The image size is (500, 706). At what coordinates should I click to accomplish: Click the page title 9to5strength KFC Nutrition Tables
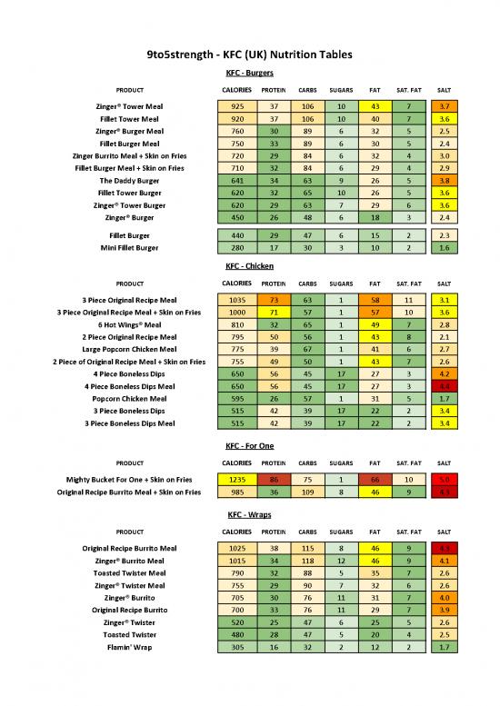[249, 55]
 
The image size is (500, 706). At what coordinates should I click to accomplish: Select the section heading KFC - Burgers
[249, 73]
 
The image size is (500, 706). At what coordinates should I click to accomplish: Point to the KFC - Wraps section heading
[249, 514]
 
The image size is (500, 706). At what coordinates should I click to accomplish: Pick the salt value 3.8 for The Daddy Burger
[445, 181]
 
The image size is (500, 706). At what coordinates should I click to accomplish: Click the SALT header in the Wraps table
[445, 532]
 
